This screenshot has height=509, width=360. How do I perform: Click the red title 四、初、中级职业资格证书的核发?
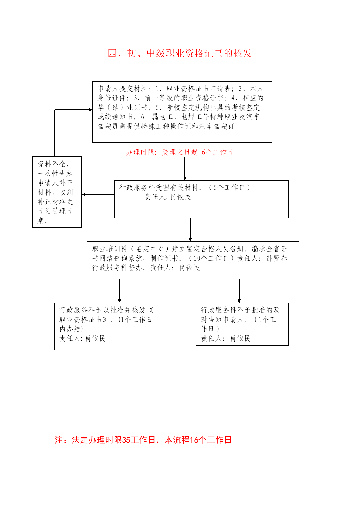coord(180,53)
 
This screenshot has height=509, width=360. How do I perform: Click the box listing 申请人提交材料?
coord(182,112)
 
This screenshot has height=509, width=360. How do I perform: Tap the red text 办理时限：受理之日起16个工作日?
coord(180,152)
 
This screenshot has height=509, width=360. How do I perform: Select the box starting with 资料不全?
coord(57,192)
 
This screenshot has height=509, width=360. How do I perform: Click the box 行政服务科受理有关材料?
coord(201,199)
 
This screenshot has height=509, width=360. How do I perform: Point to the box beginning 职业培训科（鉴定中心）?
coord(193,260)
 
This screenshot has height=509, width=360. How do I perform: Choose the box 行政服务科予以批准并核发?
coord(109,326)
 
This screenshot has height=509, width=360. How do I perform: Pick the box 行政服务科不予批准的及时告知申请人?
coord(242,324)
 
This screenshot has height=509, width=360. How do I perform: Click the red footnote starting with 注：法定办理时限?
coord(143,440)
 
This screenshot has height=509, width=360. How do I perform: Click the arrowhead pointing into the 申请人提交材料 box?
coord(91,109)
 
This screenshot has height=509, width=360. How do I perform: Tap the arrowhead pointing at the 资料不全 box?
coord(84,194)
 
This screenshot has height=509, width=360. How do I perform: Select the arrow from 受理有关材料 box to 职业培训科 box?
coord(190,230)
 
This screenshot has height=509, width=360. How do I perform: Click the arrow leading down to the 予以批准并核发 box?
coord(120,291)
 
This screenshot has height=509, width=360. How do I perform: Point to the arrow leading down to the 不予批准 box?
coord(239,291)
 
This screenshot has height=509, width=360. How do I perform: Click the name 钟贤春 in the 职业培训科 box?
coord(277,258)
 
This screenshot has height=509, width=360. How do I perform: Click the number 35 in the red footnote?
coord(126,440)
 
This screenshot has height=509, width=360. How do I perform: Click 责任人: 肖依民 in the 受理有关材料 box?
coord(168,197)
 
